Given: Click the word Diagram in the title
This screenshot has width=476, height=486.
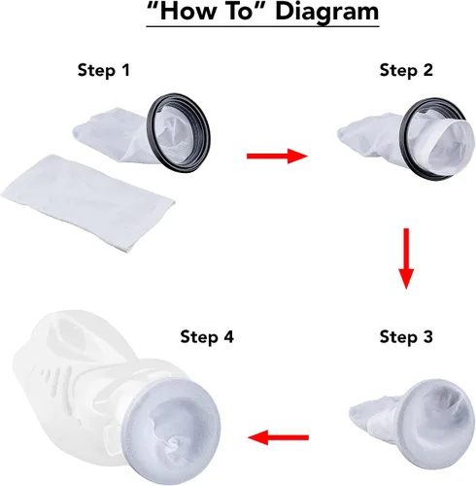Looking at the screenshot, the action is click(x=326, y=12).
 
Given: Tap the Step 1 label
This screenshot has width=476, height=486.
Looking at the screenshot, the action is click(x=104, y=70).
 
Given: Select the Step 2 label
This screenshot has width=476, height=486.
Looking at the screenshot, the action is click(x=406, y=70).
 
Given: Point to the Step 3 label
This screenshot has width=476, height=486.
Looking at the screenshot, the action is click(x=406, y=336).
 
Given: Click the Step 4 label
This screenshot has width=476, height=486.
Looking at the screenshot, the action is click(x=207, y=336).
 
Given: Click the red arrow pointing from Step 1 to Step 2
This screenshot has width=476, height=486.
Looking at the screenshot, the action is click(x=277, y=156).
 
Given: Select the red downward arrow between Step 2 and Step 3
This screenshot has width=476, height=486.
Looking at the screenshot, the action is click(x=406, y=259).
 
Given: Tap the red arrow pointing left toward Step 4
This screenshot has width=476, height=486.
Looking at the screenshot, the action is click(x=278, y=437).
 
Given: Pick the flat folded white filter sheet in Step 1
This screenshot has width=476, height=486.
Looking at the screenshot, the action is click(x=87, y=202).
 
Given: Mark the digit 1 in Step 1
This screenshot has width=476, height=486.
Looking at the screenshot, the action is click(x=125, y=70).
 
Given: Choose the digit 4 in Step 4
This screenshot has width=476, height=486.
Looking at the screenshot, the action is click(x=228, y=336).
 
